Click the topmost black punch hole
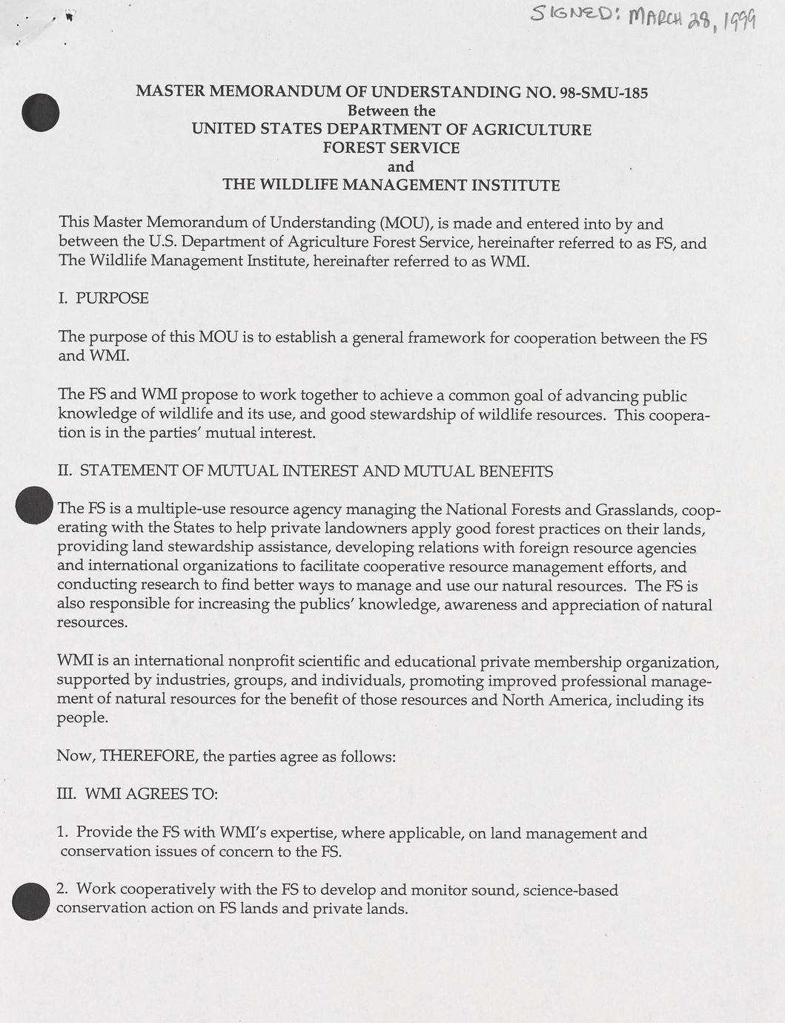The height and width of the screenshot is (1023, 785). point(40,113)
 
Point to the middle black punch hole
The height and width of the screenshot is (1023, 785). point(34,505)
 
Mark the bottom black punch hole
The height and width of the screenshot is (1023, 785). point(31,902)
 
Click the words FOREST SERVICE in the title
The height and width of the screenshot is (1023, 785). point(391,148)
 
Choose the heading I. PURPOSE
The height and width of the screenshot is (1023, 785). point(103,298)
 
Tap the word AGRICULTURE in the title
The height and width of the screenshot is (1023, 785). point(531,129)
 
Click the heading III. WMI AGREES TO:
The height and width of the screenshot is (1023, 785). point(137,794)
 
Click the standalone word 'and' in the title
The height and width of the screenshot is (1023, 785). point(400,166)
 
